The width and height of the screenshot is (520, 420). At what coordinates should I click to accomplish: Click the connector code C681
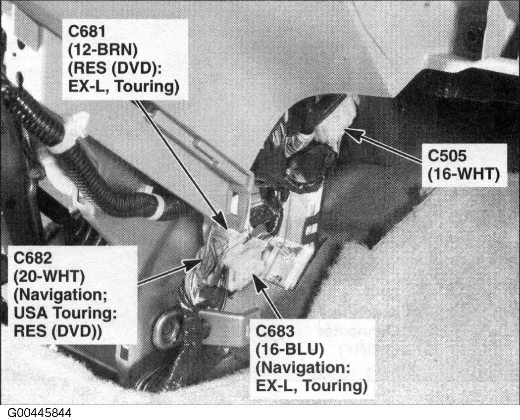click(87, 32)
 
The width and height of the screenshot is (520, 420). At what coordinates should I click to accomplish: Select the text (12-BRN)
click(103, 50)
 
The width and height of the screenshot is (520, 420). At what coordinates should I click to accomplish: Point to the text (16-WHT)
click(463, 174)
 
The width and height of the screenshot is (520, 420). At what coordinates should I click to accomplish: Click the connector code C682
click(33, 258)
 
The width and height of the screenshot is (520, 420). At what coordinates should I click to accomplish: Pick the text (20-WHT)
click(49, 276)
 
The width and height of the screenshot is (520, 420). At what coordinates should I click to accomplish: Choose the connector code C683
click(275, 331)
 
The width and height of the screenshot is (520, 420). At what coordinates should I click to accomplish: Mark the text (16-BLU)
click(290, 349)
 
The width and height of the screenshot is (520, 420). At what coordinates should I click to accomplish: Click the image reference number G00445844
click(39, 413)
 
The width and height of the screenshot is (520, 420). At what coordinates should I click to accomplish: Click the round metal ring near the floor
click(167, 328)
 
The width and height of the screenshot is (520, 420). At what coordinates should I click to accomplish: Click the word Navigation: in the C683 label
click(303, 367)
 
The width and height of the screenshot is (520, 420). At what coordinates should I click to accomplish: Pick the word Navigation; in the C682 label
click(60, 295)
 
